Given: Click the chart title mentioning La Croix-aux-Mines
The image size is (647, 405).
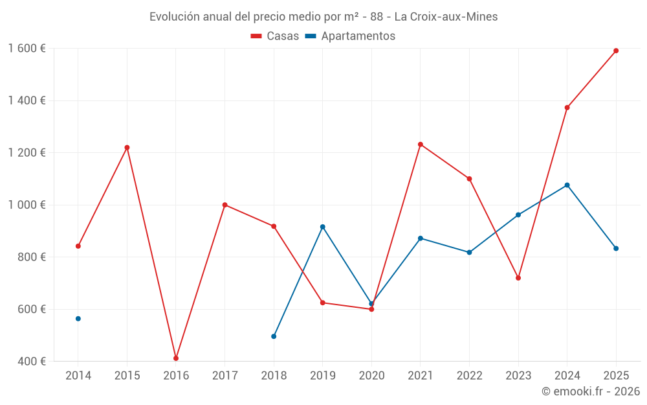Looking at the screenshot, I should click(323, 17).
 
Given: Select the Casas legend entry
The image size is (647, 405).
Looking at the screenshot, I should click(275, 36).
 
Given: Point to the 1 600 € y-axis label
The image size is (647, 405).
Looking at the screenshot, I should click(27, 49).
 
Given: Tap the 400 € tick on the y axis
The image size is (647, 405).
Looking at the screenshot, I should click(31, 362).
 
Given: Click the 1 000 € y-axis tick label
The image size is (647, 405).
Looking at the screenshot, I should click(27, 205).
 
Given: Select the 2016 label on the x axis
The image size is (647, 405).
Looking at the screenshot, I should click(176, 376).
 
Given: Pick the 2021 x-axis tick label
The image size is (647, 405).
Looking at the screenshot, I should click(421, 376).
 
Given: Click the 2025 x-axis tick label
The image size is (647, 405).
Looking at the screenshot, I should click(616, 376).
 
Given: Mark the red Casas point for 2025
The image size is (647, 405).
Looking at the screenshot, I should click(616, 51).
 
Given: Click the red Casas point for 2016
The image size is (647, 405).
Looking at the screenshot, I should click(176, 358).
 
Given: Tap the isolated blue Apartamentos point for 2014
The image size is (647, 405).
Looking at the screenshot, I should click(78, 319).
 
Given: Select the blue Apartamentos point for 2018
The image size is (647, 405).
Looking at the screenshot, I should click(274, 336).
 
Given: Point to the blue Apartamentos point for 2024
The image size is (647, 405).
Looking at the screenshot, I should click(567, 185).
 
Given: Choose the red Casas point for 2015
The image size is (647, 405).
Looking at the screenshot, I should click(127, 148).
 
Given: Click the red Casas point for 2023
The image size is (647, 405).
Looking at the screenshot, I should click(518, 278).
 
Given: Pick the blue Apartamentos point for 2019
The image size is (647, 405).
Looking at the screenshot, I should click(323, 227).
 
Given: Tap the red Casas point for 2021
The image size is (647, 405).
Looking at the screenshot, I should click(421, 145).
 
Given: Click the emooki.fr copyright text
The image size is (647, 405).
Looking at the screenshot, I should click(590, 391).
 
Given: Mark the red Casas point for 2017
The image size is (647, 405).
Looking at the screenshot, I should click(225, 205).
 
